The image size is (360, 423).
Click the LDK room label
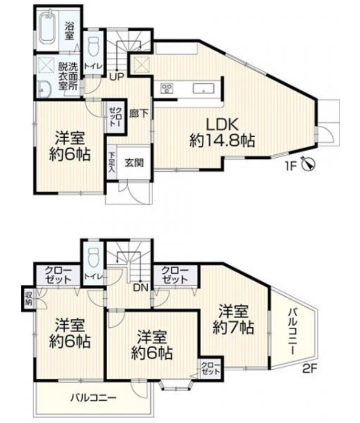(x=222, y=124)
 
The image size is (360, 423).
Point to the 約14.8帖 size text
(x=222, y=141)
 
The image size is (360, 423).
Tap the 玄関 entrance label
(x=134, y=162)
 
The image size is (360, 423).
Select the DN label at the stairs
(x=140, y=287)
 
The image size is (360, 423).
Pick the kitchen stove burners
(x=167, y=88)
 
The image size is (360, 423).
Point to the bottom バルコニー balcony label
(x=94, y=397)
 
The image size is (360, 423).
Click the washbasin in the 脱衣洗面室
(x=43, y=86)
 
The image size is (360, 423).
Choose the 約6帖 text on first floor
(x=70, y=154)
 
